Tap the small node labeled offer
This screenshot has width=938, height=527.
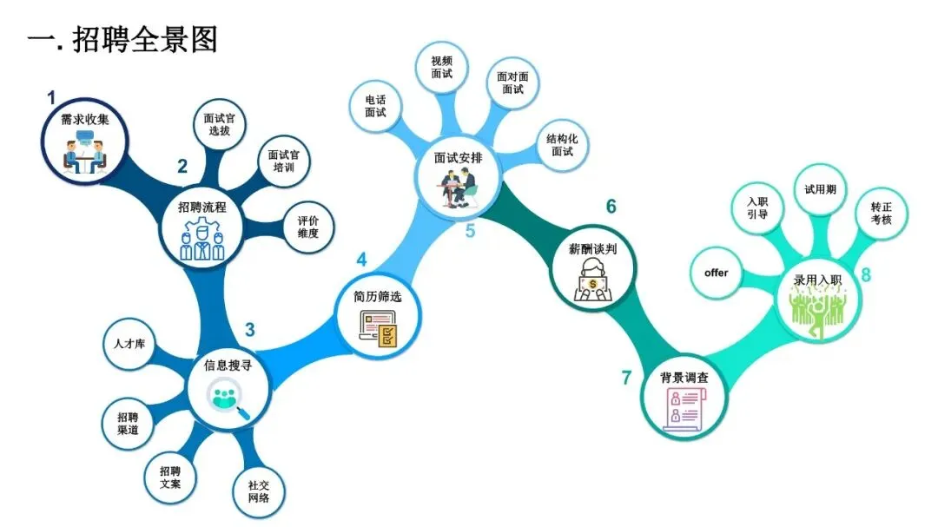(x=717, y=273)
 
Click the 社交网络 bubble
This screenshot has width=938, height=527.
(x=259, y=492)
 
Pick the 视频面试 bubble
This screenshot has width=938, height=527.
(x=441, y=68)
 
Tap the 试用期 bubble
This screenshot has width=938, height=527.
(x=820, y=189)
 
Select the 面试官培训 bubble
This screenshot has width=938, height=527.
(x=284, y=161)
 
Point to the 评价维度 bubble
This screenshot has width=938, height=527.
(x=307, y=227)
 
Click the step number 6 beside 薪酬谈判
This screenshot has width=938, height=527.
(x=611, y=207)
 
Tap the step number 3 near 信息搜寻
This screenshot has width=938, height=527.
(x=250, y=330)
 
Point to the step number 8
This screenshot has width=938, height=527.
(x=865, y=276)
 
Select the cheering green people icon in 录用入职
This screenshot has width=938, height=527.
(x=816, y=310)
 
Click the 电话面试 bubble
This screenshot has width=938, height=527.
(x=375, y=106)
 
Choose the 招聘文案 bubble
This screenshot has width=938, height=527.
(x=170, y=478)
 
